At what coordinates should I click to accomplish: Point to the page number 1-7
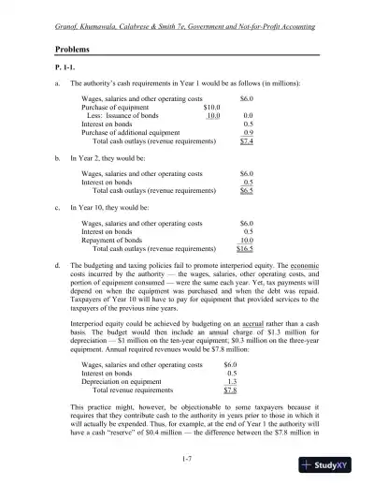tap(187, 457)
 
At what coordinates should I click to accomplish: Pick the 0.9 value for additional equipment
tap(248, 133)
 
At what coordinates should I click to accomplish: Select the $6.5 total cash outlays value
tap(247, 189)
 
